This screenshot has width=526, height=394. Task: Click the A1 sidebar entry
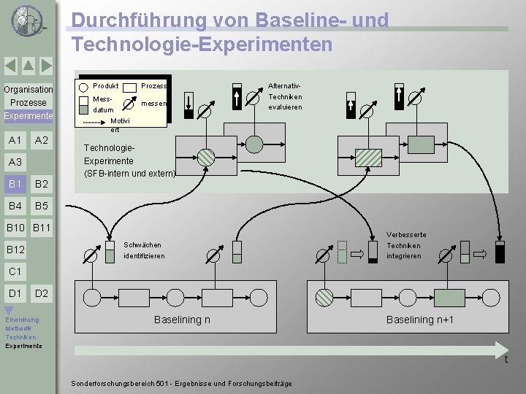click(x=15, y=140)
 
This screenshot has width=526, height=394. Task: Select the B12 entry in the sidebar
click(x=15, y=250)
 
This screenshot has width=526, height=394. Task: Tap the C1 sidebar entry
click(x=15, y=271)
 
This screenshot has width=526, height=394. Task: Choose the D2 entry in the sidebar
click(x=42, y=293)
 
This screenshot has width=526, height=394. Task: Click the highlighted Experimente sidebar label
click(x=28, y=116)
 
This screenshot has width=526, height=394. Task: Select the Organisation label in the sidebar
click(x=28, y=90)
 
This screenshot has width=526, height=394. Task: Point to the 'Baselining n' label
click(x=182, y=320)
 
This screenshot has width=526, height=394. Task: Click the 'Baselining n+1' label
click(x=419, y=320)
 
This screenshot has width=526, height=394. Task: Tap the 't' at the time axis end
click(x=505, y=359)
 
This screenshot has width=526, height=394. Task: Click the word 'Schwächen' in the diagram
click(x=142, y=244)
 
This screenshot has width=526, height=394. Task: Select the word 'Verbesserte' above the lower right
click(x=407, y=234)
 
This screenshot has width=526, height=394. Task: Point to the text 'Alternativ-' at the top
click(x=284, y=86)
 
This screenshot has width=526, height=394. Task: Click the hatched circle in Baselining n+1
click(x=324, y=297)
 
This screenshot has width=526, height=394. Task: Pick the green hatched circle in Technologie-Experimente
click(x=207, y=156)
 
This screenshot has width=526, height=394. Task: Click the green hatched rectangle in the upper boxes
click(x=368, y=156)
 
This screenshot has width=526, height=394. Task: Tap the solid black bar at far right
click(x=500, y=252)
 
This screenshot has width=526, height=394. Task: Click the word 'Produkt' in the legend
click(x=106, y=86)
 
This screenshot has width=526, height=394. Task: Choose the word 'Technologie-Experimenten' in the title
click(x=202, y=45)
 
